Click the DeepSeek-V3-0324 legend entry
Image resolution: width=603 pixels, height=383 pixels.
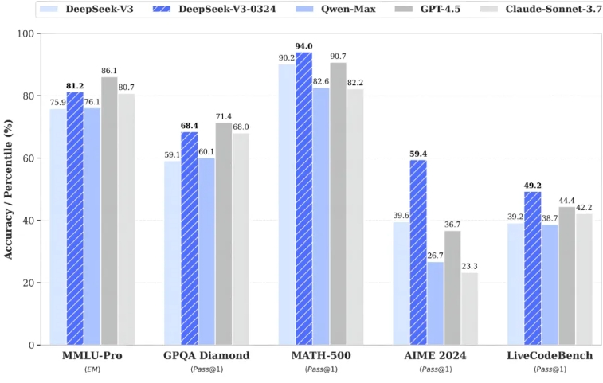(201, 10)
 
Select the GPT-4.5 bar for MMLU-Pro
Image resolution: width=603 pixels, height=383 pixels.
(108, 211)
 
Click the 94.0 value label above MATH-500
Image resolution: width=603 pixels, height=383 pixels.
(303, 46)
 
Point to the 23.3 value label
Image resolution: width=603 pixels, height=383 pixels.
(469, 266)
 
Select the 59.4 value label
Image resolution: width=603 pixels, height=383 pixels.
(418, 154)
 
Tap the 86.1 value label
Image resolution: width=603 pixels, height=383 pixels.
(109, 71)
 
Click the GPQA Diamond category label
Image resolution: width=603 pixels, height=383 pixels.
(207, 355)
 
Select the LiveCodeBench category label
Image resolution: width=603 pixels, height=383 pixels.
(550, 355)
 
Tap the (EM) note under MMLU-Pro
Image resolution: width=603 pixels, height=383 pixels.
(92, 369)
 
